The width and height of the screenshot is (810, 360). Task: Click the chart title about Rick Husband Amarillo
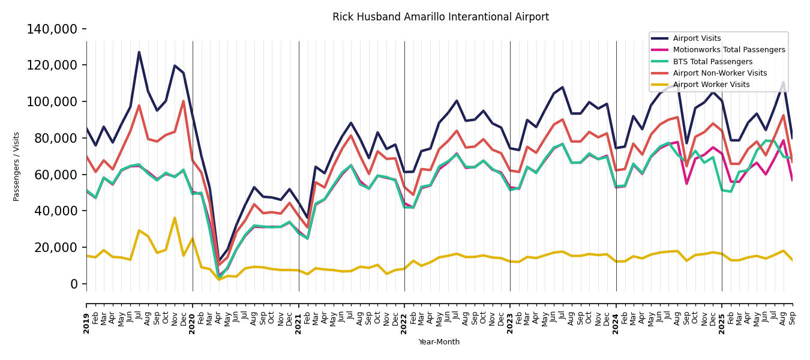click(x=440, y=17)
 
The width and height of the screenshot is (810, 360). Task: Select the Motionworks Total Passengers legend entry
click(x=728, y=50)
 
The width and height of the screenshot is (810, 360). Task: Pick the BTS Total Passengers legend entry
click(x=712, y=62)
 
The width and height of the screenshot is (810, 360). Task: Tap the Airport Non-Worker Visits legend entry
click(x=719, y=73)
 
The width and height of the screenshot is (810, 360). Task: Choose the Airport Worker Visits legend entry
click(x=711, y=85)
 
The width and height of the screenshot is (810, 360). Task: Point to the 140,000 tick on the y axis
click(x=52, y=29)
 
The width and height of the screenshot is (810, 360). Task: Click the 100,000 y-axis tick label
click(x=52, y=101)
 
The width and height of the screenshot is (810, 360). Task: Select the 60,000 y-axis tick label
click(x=55, y=175)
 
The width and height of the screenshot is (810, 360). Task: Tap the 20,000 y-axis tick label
click(x=55, y=247)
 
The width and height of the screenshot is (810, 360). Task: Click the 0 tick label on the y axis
click(x=74, y=284)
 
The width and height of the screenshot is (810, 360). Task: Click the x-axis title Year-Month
click(x=439, y=342)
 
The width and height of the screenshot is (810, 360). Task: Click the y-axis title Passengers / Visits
click(x=17, y=166)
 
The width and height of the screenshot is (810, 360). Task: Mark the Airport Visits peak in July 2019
click(x=139, y=52)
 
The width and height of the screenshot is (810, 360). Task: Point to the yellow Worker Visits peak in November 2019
click(x=175, y=218)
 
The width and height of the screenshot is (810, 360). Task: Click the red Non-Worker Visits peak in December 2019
click(x=184, y=101)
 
